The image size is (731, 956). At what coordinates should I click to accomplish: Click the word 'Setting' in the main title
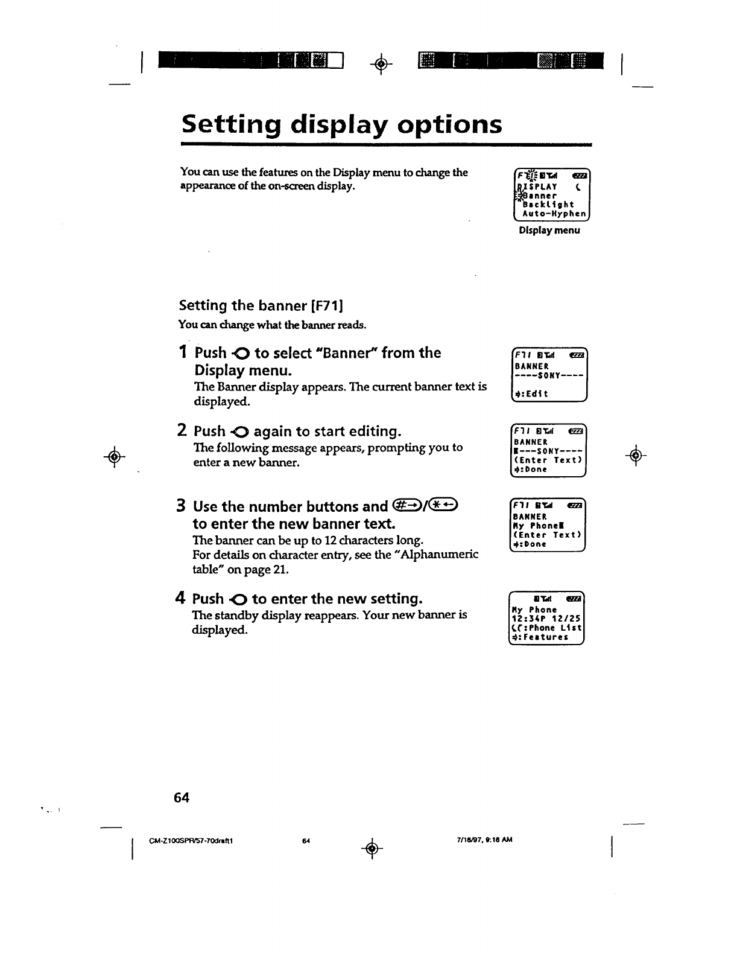(x=230, y=125)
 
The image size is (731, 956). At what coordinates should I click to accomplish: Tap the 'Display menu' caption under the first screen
(x=549, y=230)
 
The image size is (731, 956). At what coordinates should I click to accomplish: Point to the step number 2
(x=182, y=431)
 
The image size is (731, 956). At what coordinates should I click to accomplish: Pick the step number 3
(x=181, y=506)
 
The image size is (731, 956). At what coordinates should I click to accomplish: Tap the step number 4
(x=180, y=599)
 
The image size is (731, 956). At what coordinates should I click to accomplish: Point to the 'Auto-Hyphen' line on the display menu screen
(x=554, y=213)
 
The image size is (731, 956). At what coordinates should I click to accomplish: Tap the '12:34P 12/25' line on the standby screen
(x=546, y=619)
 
